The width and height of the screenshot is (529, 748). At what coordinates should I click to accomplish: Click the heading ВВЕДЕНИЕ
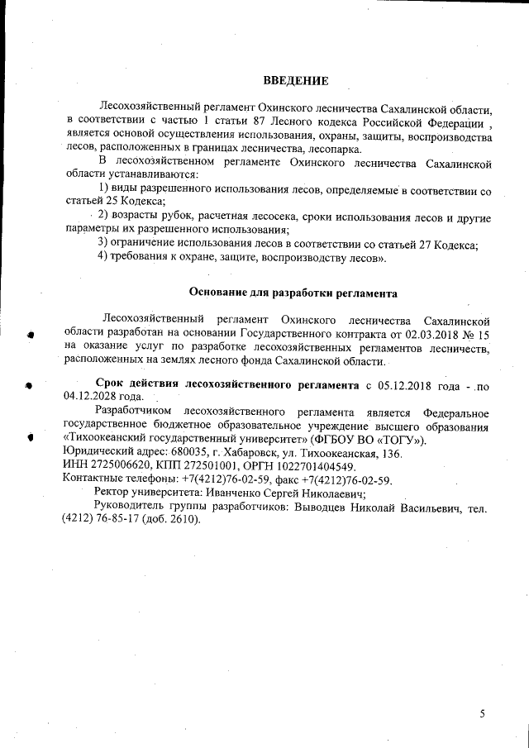[x=296, y=80]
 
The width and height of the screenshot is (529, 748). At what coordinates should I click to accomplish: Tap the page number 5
[x=483, y=713]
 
